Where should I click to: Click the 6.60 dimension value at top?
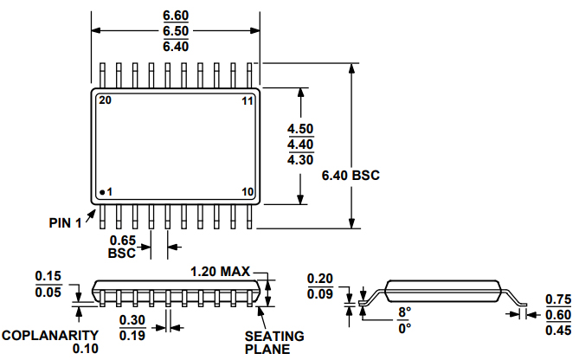click(176, 15)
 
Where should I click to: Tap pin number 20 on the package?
click(105, 101)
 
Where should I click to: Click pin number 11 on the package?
click(247, 101)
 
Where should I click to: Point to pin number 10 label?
click(247, 191)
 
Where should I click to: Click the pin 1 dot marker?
click(102, 191)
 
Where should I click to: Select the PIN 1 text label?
click(65, 222)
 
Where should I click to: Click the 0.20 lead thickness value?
click(321, 278)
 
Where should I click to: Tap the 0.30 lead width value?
click(132, 319)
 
